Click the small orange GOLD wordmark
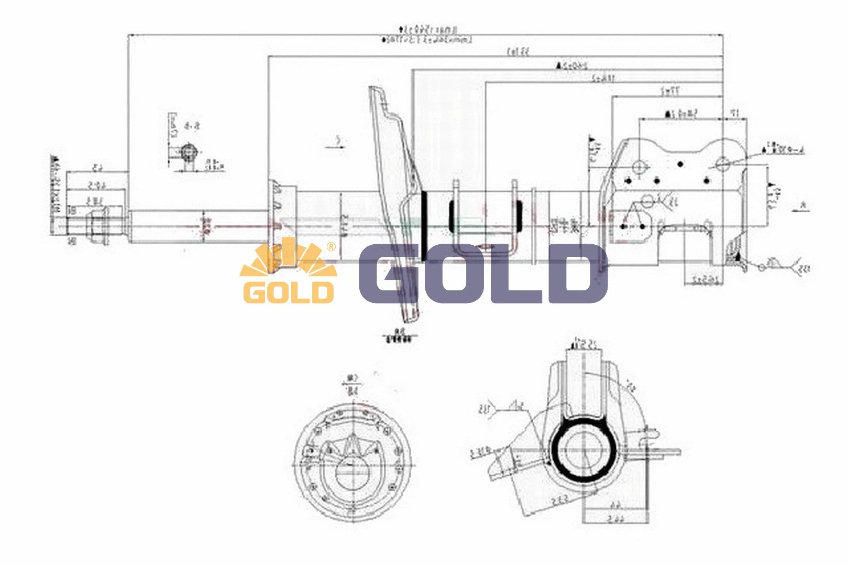pos(288,292)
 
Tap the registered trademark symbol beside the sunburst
pos(331,246)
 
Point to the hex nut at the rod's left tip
pos(97,226)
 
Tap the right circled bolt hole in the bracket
pos(723,164)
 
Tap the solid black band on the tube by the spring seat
pos(424,226)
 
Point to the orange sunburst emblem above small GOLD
pos(288,259)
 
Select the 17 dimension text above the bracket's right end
pos(735,113)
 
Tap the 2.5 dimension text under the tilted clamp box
pos(559,500)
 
